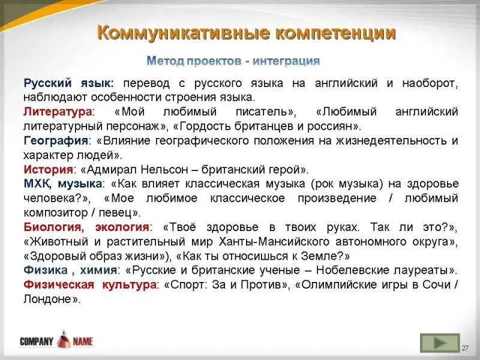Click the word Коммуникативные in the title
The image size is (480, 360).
coord(184,34)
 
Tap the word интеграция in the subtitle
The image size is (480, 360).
coord(286,61)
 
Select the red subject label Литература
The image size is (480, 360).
coord(58,112)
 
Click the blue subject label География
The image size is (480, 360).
coord(56,141)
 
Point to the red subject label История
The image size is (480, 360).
coord(49,169)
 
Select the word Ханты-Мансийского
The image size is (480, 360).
coord(274,242)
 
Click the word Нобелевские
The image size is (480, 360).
coord(352,271)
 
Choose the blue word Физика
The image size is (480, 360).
coord(46,271)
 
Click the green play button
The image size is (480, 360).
coord(440,343)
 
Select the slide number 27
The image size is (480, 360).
coord(466,348)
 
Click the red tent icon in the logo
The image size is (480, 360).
coord(63,339)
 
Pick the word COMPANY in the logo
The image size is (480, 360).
coord(37,341)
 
